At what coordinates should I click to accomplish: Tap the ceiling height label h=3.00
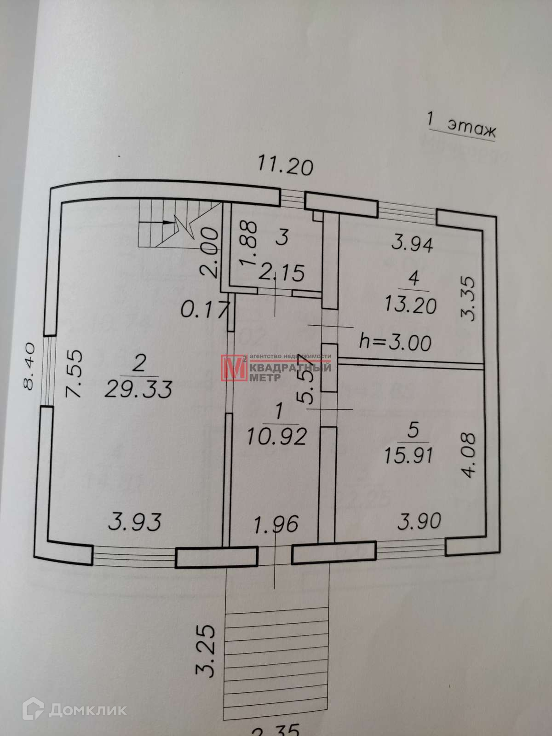(x=395, y=343)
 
